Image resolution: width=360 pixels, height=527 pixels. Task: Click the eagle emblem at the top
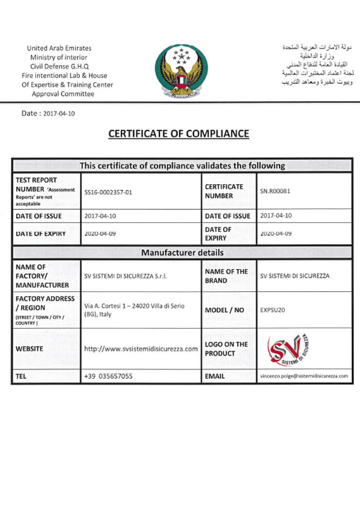pyautogui.click(x=179, y=71)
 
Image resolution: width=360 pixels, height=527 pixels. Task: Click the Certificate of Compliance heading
pyautogui.click(x=178, y=134)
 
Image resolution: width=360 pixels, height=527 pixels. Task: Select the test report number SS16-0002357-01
pyautogui.click(x=108, y=192)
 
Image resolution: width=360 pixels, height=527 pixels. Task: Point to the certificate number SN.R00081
pyautogui.click(x=276, y=191)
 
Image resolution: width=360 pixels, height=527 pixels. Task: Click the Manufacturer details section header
pyautogui.click(x=182, y=253)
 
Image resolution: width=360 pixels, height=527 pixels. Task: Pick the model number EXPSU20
pyautogui.click(x=273, y=310)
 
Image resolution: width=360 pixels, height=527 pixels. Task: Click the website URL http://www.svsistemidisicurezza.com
pyautogui.click(x=141, y=349)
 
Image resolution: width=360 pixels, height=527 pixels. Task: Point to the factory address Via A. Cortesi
pyautogui.click(x=135, y=310)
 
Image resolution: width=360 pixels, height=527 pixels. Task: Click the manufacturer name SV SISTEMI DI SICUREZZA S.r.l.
pyautogui.click(x=126, y=276)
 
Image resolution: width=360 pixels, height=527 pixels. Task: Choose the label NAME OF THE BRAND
pyautogui.click(x=226, y=276)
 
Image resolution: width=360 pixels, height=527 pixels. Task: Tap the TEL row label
pyautogui.click(x=21, y=376)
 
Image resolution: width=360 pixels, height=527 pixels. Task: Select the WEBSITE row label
pyautogui.click(x=29, y=349)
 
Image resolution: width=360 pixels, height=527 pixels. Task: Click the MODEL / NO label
pyautogui.click(x=224, y=310)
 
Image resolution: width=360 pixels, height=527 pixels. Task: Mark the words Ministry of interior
pyautogui.click(x=59, y=58)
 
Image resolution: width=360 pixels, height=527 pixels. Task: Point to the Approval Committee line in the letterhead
pyautogui.click(x=63, y=94)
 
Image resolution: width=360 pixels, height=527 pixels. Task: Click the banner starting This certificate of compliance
pyautogui.click(x=182, y=166)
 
